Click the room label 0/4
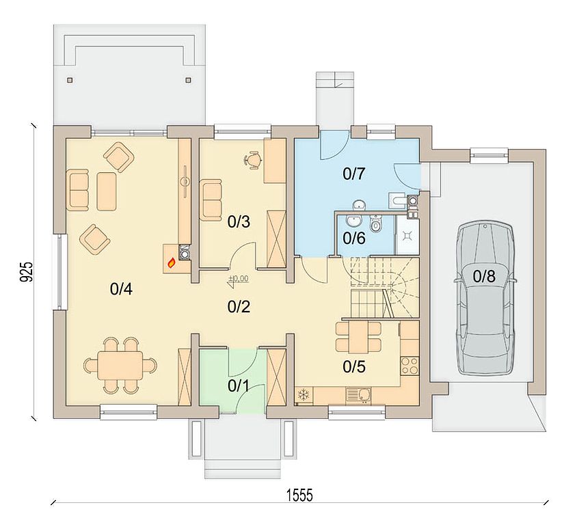point(121,289)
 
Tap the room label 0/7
point(354,174)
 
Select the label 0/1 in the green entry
point(239,386)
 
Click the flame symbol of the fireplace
point(172,264)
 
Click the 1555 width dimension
point(299,495)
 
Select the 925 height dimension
point(26,272)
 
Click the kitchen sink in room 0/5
point(358,395)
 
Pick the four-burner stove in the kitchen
point(409,366)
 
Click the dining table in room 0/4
point(120,365)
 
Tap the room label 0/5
point(354,367)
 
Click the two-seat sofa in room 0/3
point(211,200)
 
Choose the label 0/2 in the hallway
point(239,307)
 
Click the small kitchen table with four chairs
point(358,337)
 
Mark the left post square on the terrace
point(70,79)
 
